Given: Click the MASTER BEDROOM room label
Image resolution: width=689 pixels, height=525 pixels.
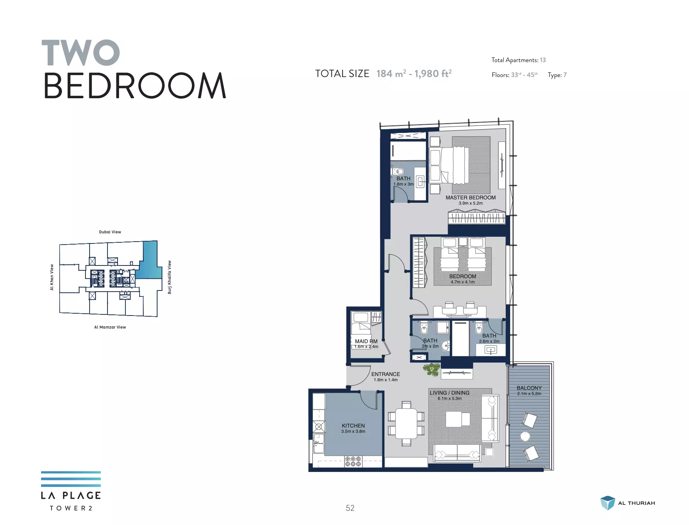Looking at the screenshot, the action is [x=470, y=198].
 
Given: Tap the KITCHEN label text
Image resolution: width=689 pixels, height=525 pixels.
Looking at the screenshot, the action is [x=353, y=426].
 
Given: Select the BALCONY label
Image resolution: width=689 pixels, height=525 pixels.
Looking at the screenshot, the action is [x=529, y=388].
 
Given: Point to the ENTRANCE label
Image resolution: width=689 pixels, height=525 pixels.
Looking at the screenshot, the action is [x=386, y=374].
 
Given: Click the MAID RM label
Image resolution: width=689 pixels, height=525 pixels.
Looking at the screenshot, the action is [x=366, y=341].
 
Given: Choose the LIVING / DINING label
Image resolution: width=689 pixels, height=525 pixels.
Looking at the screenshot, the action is [x=449, y=393].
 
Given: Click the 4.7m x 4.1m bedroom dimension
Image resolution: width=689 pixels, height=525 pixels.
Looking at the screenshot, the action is [x=462, y=282].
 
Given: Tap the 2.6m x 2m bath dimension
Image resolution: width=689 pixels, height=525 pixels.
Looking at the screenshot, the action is [x=489, y=341].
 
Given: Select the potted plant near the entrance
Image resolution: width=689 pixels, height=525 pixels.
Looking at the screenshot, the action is [x=432, y=369].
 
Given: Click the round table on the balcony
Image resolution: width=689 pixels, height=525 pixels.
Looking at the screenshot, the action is [x=525, y=436].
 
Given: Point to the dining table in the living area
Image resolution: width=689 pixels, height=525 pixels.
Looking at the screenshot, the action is [x=406, y=423].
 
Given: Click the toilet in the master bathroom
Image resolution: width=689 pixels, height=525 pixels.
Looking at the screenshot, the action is [x=399, y=172].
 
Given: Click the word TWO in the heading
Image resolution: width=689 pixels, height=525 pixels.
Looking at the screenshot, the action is [x=81, y=53].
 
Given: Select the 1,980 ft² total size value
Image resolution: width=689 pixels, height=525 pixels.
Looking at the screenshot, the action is [x=433, y=74].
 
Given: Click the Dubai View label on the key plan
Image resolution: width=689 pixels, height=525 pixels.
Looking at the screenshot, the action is [x=110, y=232].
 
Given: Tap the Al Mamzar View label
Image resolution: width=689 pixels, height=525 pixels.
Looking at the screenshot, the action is [x=110, y=327].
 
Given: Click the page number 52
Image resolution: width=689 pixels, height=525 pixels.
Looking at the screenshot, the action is [x=350, y=508].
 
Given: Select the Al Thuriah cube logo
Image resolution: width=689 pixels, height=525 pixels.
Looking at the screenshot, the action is [x=607, y=503].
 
